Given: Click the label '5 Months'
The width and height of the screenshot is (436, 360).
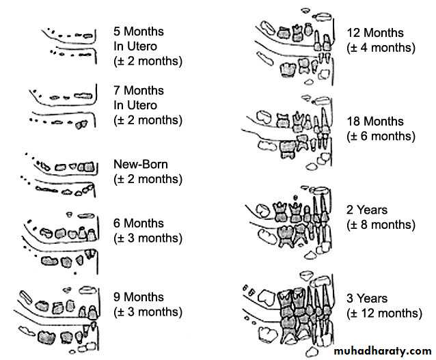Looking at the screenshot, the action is click(139, 31).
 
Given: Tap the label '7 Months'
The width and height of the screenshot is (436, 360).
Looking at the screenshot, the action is click(139, 90).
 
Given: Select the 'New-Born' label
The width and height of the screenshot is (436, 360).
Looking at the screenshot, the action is click(141, 165).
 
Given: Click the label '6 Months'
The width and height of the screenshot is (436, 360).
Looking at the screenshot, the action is click(139, 223).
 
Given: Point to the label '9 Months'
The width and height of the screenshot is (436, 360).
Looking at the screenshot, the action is click(139, 297).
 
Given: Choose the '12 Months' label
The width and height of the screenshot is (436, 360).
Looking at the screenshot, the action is click(375, 33).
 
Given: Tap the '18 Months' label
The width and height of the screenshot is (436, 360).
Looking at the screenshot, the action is click(375, 121).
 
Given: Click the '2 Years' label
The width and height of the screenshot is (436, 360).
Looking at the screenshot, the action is click(367, 210).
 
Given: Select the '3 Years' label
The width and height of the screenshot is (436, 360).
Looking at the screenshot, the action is click(367, 299).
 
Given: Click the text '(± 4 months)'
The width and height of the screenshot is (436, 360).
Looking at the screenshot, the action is click(381, 48).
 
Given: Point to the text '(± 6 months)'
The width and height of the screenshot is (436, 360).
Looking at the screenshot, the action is click(381, 136).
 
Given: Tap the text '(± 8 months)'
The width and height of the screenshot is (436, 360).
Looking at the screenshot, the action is click(381, 225).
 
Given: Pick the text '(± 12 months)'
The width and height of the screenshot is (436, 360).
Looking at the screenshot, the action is click(385, 314).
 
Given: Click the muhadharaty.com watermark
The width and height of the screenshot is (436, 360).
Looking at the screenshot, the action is click(383, 351).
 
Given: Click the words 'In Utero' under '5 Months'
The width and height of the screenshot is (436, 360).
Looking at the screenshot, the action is click(135, 46).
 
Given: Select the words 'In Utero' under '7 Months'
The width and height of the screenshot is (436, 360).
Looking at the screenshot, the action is click(135, 105).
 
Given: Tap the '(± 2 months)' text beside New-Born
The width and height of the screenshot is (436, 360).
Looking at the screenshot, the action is click(148, 179).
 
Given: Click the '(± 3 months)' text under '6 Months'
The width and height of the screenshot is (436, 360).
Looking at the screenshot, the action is click(148, 238).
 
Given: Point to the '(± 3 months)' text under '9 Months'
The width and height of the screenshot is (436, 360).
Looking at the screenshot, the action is click(148, 312).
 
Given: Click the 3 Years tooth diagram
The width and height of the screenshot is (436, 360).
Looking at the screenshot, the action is click(288, 314).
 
